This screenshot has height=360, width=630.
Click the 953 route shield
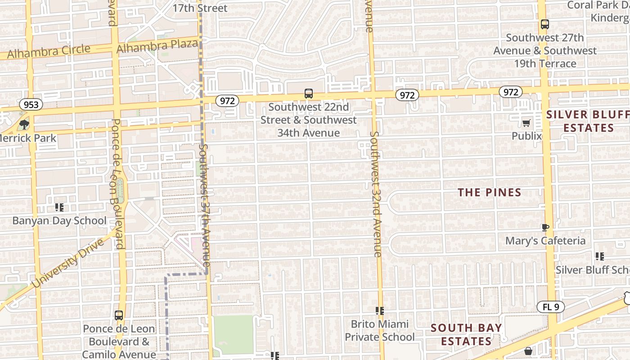31,105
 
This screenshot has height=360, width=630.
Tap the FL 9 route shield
551,307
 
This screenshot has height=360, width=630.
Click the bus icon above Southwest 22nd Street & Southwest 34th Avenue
308,94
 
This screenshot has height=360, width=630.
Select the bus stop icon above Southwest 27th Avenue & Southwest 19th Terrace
544,24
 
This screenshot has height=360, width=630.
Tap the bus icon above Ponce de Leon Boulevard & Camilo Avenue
119,315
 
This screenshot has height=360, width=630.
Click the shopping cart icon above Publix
526,123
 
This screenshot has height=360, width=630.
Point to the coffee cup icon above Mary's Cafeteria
545,228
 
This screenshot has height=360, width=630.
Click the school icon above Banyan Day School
59,207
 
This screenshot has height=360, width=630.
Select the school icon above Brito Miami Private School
380,311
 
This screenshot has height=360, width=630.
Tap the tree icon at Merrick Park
24,124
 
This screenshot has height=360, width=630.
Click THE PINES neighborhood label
490,193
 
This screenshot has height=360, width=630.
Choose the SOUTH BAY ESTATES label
466,334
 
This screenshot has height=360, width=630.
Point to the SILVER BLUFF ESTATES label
588,121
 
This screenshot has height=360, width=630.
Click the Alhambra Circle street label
49,51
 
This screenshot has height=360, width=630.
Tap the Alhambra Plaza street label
157,46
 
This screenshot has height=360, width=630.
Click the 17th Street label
200,8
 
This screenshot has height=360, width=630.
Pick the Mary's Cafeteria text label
545,241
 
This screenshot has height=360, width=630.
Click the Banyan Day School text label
59,220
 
